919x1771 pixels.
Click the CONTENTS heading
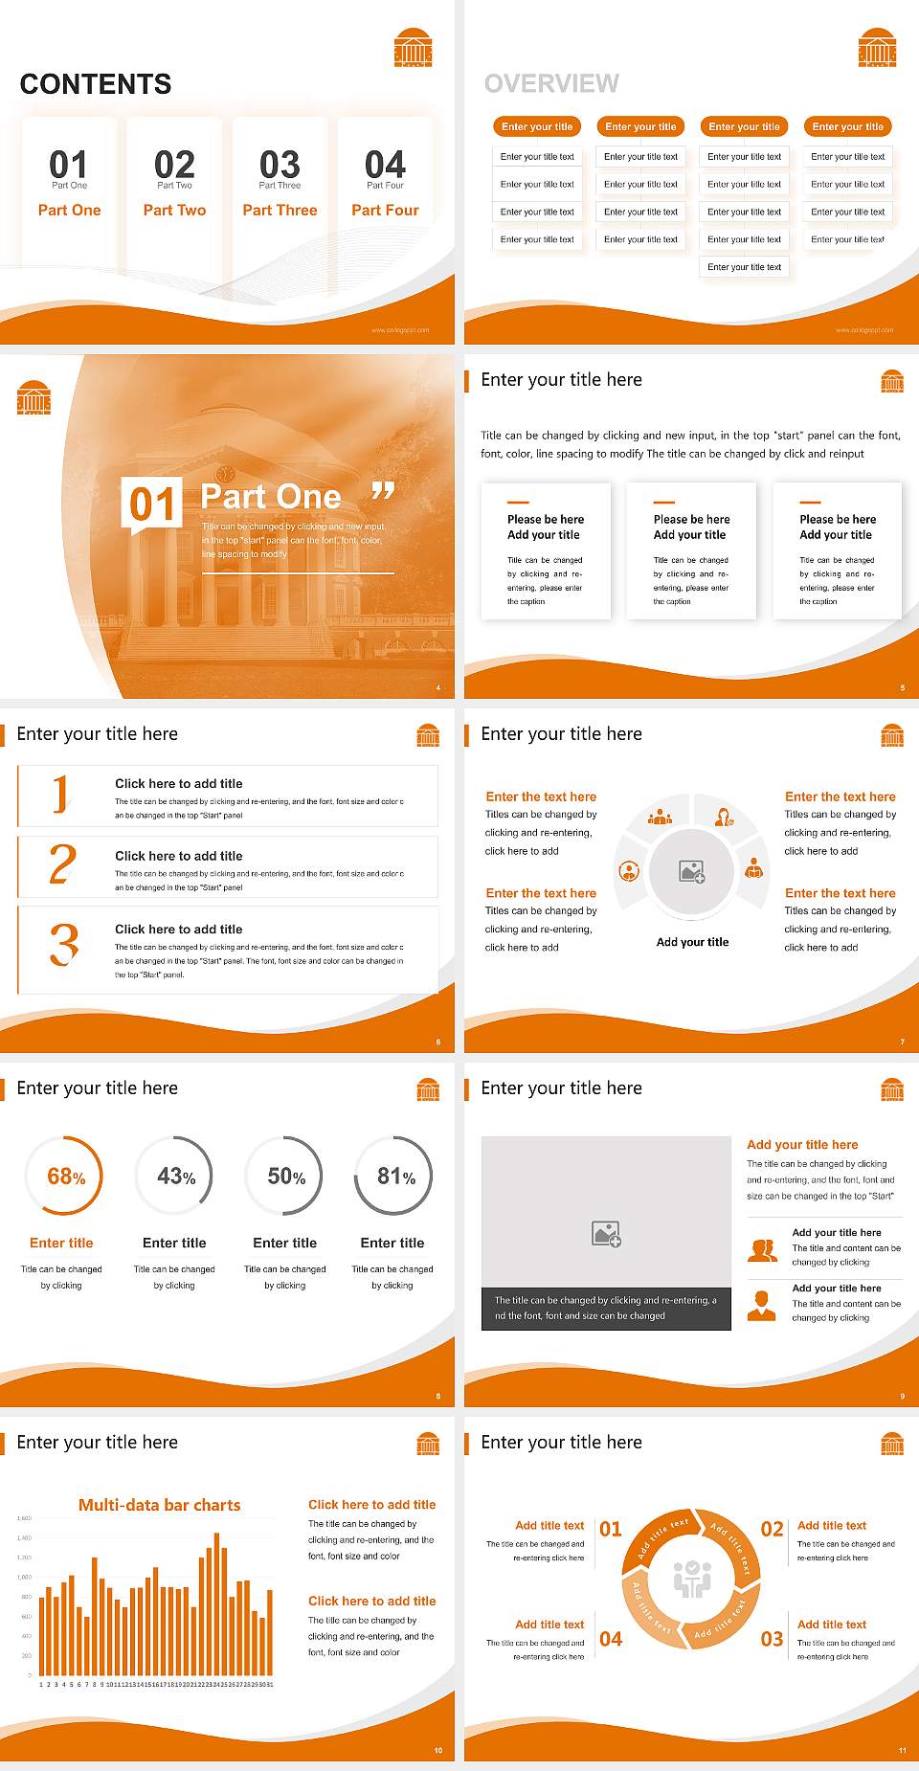(96, 84)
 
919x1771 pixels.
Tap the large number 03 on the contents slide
(280, 165)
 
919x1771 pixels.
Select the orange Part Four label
(385, 210)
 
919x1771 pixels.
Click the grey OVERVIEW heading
(551, 84)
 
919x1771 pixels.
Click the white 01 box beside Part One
(152, 504)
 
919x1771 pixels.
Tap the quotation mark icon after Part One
(383, 492)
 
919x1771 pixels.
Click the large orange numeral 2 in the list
(62, 864)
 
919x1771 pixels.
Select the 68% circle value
(66, 1177)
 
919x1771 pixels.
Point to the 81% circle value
(395, 1177)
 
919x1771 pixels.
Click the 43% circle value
(176, 1177)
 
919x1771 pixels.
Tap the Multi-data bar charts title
(160, 1505)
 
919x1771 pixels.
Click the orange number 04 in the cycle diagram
(611, 1639)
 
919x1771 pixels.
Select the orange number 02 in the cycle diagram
(772, 1529)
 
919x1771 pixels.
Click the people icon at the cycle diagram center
(692, 1579)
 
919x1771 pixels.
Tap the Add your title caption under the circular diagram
(692, 942)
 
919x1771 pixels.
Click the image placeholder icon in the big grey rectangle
(607, 1234)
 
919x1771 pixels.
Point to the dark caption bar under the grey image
(606, 1308)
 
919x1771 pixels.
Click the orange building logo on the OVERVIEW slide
(877, 48)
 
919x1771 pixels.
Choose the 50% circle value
(286, 1177)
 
